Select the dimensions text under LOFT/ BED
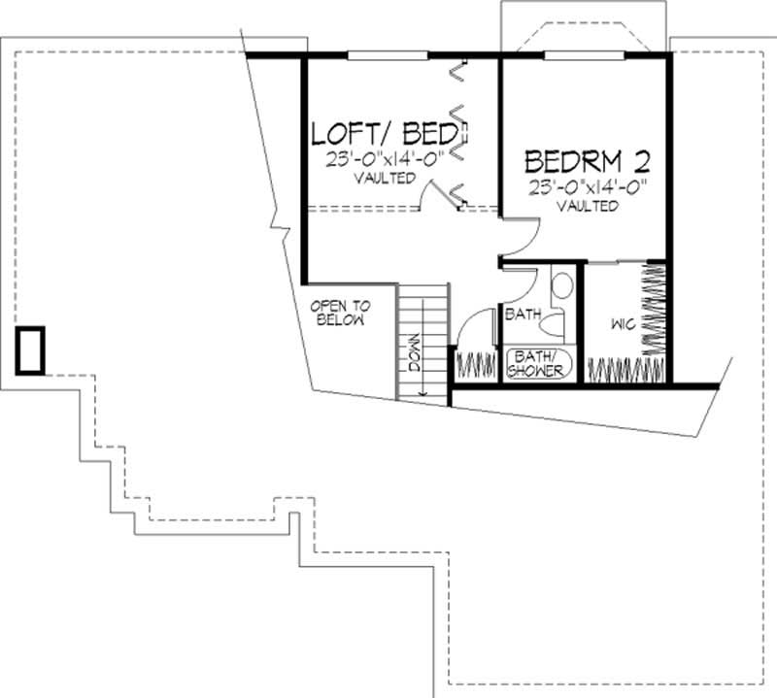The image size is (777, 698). [x=385, y=159]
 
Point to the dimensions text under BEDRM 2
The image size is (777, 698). [x=588, y=187]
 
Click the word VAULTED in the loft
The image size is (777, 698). [x=385, y=179]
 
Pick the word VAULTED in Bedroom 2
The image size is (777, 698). [x=588, y=207]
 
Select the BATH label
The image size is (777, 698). [x=522, y=314]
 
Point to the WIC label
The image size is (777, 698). [x=623, y=323]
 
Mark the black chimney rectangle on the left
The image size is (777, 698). [x=30, y=350]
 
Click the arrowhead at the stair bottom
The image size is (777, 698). [x=423, y=392]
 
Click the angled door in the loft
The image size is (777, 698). [x=450, y=195]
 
